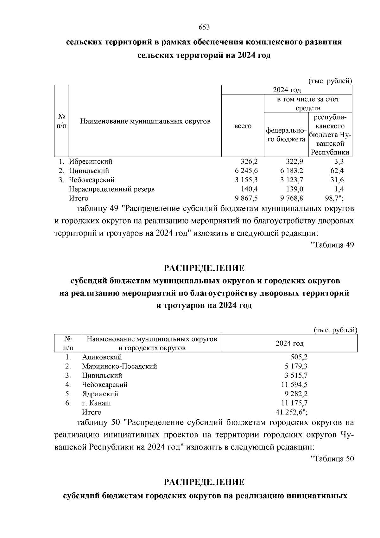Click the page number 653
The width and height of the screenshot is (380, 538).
(x=204, y=27)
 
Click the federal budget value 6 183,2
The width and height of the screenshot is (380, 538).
(x=292, y=171)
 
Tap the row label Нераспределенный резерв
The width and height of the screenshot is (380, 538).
(x=112, y=189)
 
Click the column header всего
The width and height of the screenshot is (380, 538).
(x=243, y=126)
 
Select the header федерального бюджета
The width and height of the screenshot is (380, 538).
(x=286, y=135)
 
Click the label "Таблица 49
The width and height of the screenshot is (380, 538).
(x=332, y=245)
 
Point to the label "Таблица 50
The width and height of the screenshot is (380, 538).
(x=332, y=459)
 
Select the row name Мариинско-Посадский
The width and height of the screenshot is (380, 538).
(x=119, y=366)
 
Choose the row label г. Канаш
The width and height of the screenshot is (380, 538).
(x=96, y=403)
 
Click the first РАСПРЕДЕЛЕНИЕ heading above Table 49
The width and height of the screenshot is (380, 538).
(x=204, y=268)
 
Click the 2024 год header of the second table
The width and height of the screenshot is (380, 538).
(x=289, y=343)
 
